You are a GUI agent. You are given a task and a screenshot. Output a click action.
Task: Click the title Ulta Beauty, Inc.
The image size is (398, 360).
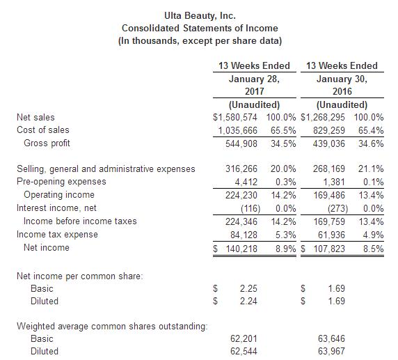pyautogui.click(x=200, y=16)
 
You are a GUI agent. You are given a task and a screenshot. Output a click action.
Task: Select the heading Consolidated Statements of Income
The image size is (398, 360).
pyautogui.click(x=200, y=28)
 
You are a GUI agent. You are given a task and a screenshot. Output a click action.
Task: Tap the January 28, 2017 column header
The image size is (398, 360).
pyautogui.click(x=255, y=85)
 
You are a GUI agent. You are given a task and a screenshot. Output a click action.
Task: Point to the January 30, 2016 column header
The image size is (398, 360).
pyautogui.click(x=342, y=85)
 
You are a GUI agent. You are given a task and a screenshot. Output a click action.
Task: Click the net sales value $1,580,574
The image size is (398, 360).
pyautogui.click(x=235, y=118)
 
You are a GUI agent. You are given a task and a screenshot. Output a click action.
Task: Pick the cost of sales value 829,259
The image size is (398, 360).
pyautogui.click(x=329, y=131)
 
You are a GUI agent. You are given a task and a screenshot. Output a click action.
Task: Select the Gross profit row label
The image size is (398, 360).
pyautogui.click(x=47, y=143)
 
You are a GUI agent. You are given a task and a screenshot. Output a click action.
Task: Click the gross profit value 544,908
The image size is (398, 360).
pyautogui.click(x=241, y=144)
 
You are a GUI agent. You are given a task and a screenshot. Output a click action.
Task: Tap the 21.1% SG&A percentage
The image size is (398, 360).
pyautogui.click(x=371, y=169)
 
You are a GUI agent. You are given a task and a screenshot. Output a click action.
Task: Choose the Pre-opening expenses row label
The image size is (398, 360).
pyautogui.click(x=61, y=182)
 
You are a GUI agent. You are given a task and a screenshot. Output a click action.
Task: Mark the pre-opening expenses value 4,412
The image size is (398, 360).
pyautogui.click(x=246, y=182)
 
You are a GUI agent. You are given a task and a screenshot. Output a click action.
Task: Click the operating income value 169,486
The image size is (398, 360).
pyautogui.click(x=329, y=196)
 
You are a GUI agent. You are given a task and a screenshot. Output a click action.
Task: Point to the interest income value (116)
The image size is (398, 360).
pyautogui.click(x=250, y=209)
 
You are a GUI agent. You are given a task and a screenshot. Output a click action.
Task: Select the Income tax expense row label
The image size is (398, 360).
pyautogui.click(x=57, y=234)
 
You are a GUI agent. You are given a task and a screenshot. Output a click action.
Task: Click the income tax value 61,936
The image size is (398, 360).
pyautogui.click(x=331, y=235)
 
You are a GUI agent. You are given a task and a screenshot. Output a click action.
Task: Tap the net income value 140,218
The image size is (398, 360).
pyautogui.click(x=241, y=249)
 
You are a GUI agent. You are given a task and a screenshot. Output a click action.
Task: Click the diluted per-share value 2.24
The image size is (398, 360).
pyautogui.click(x=248, y=302)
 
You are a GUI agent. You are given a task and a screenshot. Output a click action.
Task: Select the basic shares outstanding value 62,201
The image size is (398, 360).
pyautogui.click(x=244, y=339)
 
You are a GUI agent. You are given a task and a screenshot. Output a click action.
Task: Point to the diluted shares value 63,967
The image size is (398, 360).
pyautogui.click(x=331, y=352)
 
